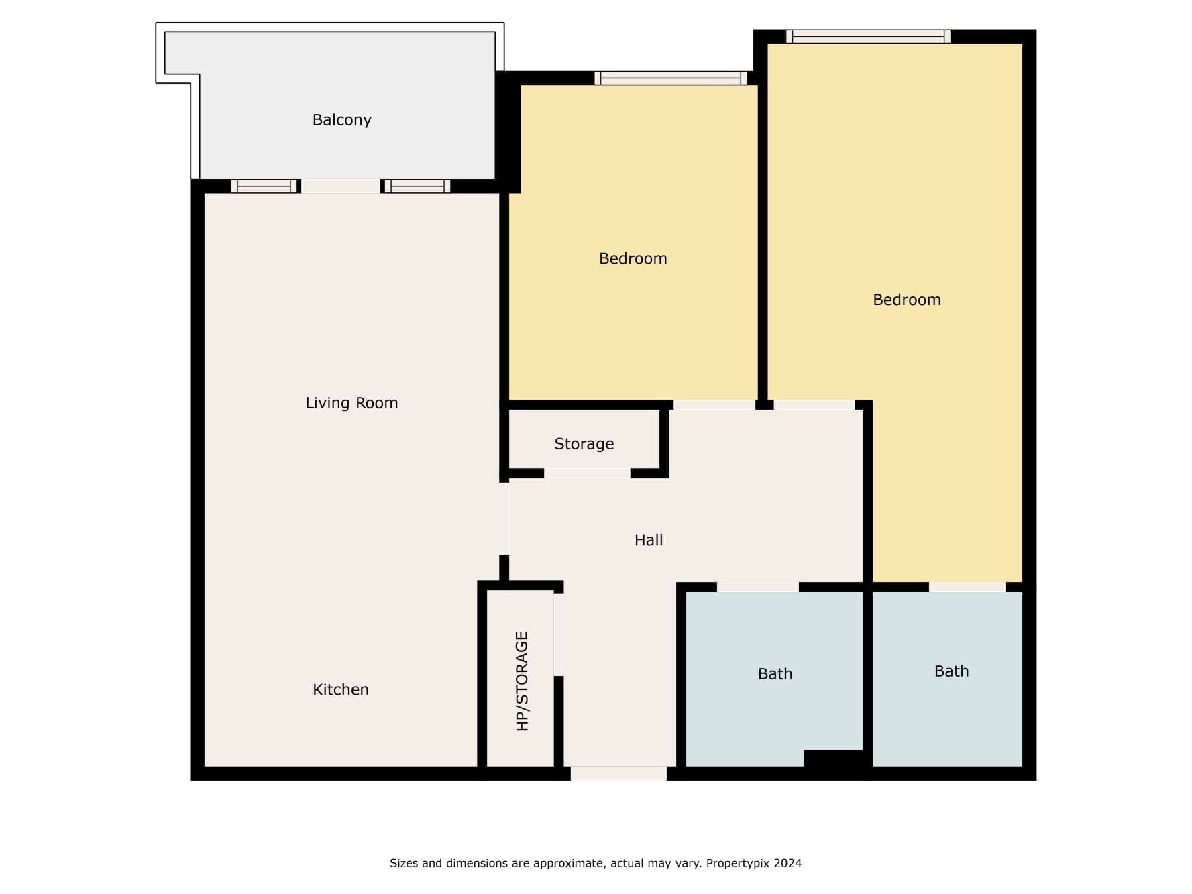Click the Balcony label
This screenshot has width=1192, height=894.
341,120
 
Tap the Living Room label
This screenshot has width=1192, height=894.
351,403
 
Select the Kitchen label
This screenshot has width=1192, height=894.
341,689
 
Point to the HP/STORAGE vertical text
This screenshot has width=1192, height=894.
522,681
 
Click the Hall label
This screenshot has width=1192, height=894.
649,540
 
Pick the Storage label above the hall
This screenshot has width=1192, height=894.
584,444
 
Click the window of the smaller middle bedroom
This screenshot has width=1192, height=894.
671,78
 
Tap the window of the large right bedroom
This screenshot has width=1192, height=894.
868,36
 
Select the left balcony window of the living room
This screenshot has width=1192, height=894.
264,186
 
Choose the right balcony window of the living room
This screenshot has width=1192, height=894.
417,186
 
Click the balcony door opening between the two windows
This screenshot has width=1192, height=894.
341,186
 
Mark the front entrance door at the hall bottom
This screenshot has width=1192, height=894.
618,773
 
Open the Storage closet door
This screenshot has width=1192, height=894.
587,473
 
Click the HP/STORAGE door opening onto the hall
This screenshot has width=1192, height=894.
559,634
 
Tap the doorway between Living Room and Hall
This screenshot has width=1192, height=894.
504,519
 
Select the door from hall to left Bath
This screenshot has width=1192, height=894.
758,588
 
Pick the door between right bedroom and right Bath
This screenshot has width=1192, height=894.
967,588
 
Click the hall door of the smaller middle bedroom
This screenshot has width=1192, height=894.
714,405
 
